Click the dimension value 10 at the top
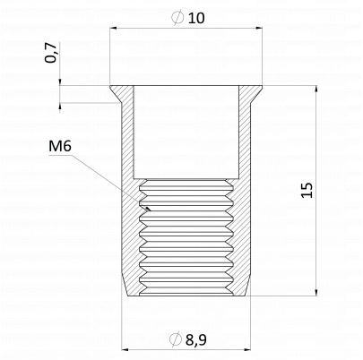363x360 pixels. (196, 18)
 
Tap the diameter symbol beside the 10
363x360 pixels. (177, 17)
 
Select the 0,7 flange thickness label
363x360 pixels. (50, 53)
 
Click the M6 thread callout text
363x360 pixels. (60, 146)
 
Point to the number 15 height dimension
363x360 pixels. (307, 190)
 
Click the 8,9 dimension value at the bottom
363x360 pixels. (196, 339)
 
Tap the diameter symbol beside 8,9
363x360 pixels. (176, 339)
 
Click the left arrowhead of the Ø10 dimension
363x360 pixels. (114, 29)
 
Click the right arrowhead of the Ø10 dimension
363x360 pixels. (259, 29)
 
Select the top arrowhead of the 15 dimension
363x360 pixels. (316, 90)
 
